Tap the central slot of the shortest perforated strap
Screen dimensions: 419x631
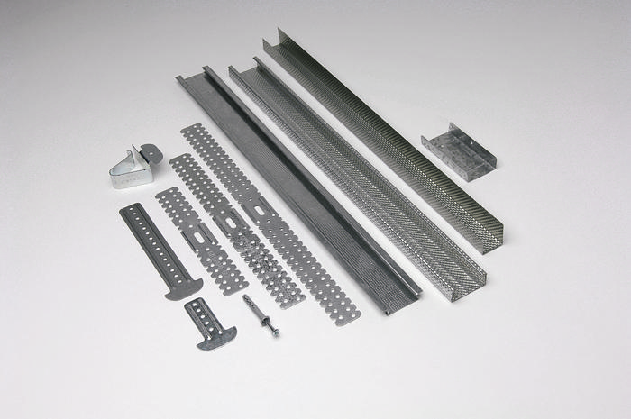pyautogui.click(x=200, y=238)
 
